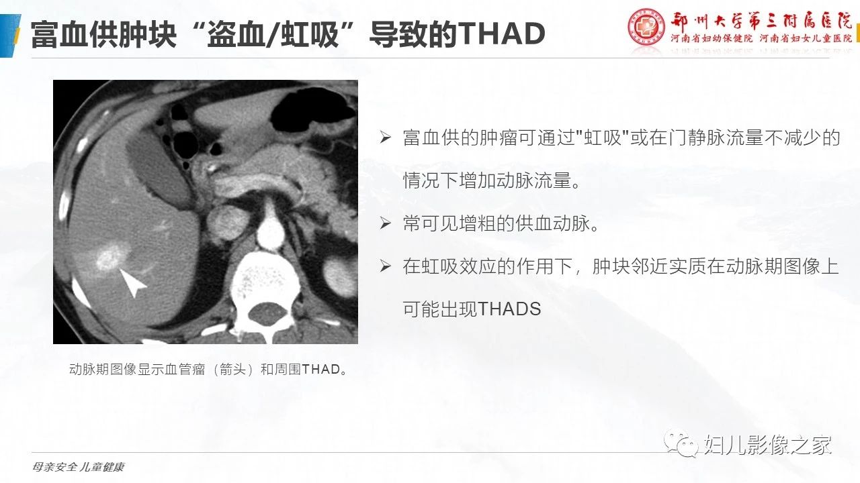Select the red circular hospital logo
pos(646,27)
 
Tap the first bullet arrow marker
pos(386,138)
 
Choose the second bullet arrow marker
pos(386,223)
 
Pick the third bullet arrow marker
pos(386,266)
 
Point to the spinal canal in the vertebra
pos(267,313)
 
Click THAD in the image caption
pos(321,370)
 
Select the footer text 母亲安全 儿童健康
pos(79,468)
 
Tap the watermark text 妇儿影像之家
pos(768,445)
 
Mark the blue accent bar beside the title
pos(9,36)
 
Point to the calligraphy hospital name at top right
pos(761,21)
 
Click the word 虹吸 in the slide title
pos(310,34)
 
